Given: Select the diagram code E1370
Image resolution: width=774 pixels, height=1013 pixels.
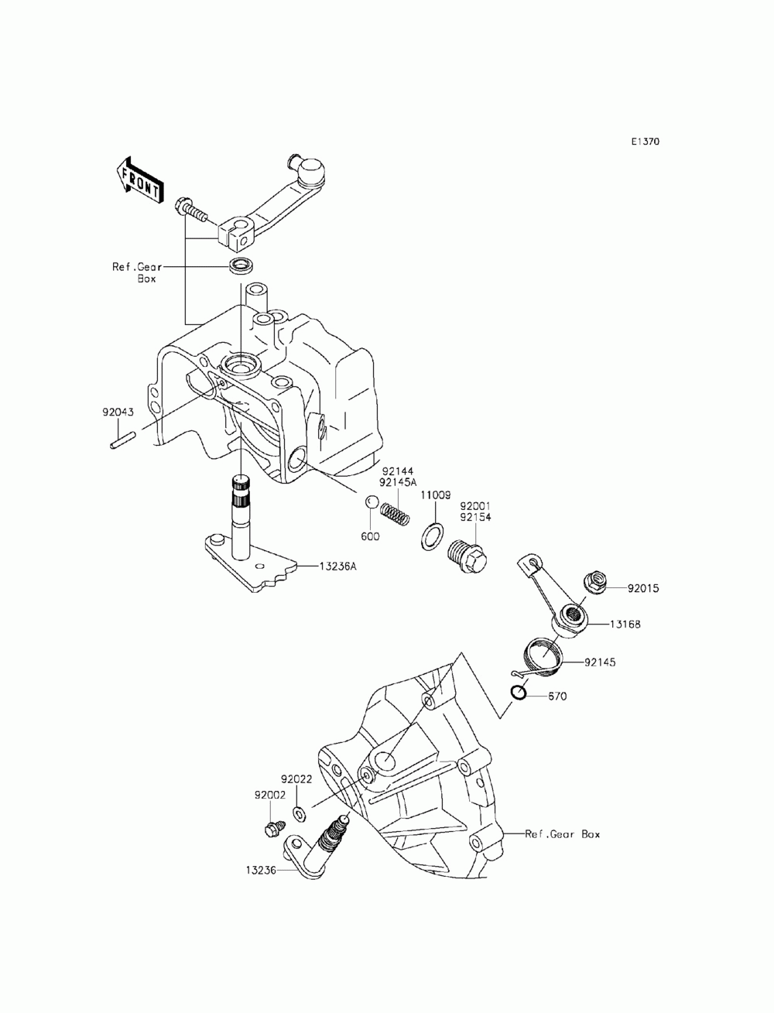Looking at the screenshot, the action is coord(646,142).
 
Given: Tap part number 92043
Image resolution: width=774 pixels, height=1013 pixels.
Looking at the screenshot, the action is coord(118,412).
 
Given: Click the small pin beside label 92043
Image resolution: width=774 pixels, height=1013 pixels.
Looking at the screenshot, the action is coord(122,439).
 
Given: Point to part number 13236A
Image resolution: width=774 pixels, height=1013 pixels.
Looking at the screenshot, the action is coord(337,566).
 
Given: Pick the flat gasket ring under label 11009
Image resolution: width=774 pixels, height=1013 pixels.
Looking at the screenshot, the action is coord(432,537).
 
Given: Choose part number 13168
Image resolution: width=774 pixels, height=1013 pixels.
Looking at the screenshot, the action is coord(625,624).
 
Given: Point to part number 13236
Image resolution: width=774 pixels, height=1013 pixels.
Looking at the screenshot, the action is coord(261,870).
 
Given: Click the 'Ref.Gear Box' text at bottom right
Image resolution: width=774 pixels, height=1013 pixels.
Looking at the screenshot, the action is coord(563,834).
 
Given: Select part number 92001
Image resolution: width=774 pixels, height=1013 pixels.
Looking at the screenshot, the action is coord(475,506).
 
